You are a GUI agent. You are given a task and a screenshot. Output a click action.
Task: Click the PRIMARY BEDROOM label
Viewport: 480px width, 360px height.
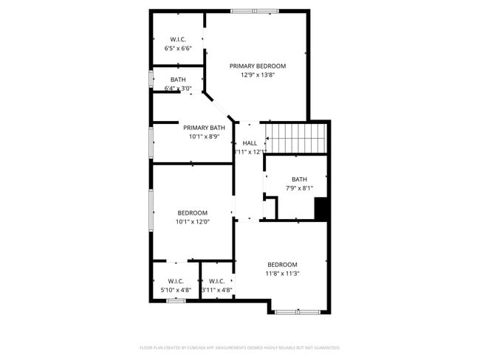click(x=257, y=66)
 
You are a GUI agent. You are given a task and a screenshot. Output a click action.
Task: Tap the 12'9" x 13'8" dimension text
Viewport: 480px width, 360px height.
click(x=257, y=75)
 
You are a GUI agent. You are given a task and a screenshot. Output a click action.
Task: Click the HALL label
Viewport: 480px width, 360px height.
click(x=250, y=143)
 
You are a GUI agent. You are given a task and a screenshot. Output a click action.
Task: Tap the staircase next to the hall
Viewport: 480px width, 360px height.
click(x=295, y=137)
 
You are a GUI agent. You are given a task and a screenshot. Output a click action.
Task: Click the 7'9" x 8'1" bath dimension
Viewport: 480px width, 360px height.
click(x=298, y=187)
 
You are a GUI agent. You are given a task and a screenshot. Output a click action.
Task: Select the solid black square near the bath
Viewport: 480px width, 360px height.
click(x=321, y=209)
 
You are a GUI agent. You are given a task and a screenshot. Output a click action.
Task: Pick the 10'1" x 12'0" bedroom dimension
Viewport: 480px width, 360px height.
click(x=193, y=222)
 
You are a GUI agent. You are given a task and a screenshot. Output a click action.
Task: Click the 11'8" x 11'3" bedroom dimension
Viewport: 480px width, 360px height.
click(x=282, y=274)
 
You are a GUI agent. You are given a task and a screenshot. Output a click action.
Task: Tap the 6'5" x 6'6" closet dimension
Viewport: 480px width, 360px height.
click(x=178, y=48)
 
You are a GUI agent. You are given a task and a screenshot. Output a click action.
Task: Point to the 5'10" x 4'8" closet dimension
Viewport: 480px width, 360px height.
click(x=176, y=290)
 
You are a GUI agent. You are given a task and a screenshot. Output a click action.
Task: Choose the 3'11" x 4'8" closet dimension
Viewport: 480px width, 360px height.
click(x=217, y=290)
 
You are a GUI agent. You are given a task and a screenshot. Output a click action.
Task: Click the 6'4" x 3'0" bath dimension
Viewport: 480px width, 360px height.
click(x=178, y=89)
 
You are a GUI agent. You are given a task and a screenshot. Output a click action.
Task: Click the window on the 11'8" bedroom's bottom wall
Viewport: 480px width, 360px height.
click(x=297, y=312)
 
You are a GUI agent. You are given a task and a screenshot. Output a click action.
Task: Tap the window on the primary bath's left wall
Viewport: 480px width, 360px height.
click(x=151, y=141)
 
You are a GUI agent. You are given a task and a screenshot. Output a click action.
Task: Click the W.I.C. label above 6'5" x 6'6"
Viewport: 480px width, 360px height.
click(x=178, y=39)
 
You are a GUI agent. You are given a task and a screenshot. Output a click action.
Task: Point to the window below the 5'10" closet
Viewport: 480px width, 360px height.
click(x=175, y=300)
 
